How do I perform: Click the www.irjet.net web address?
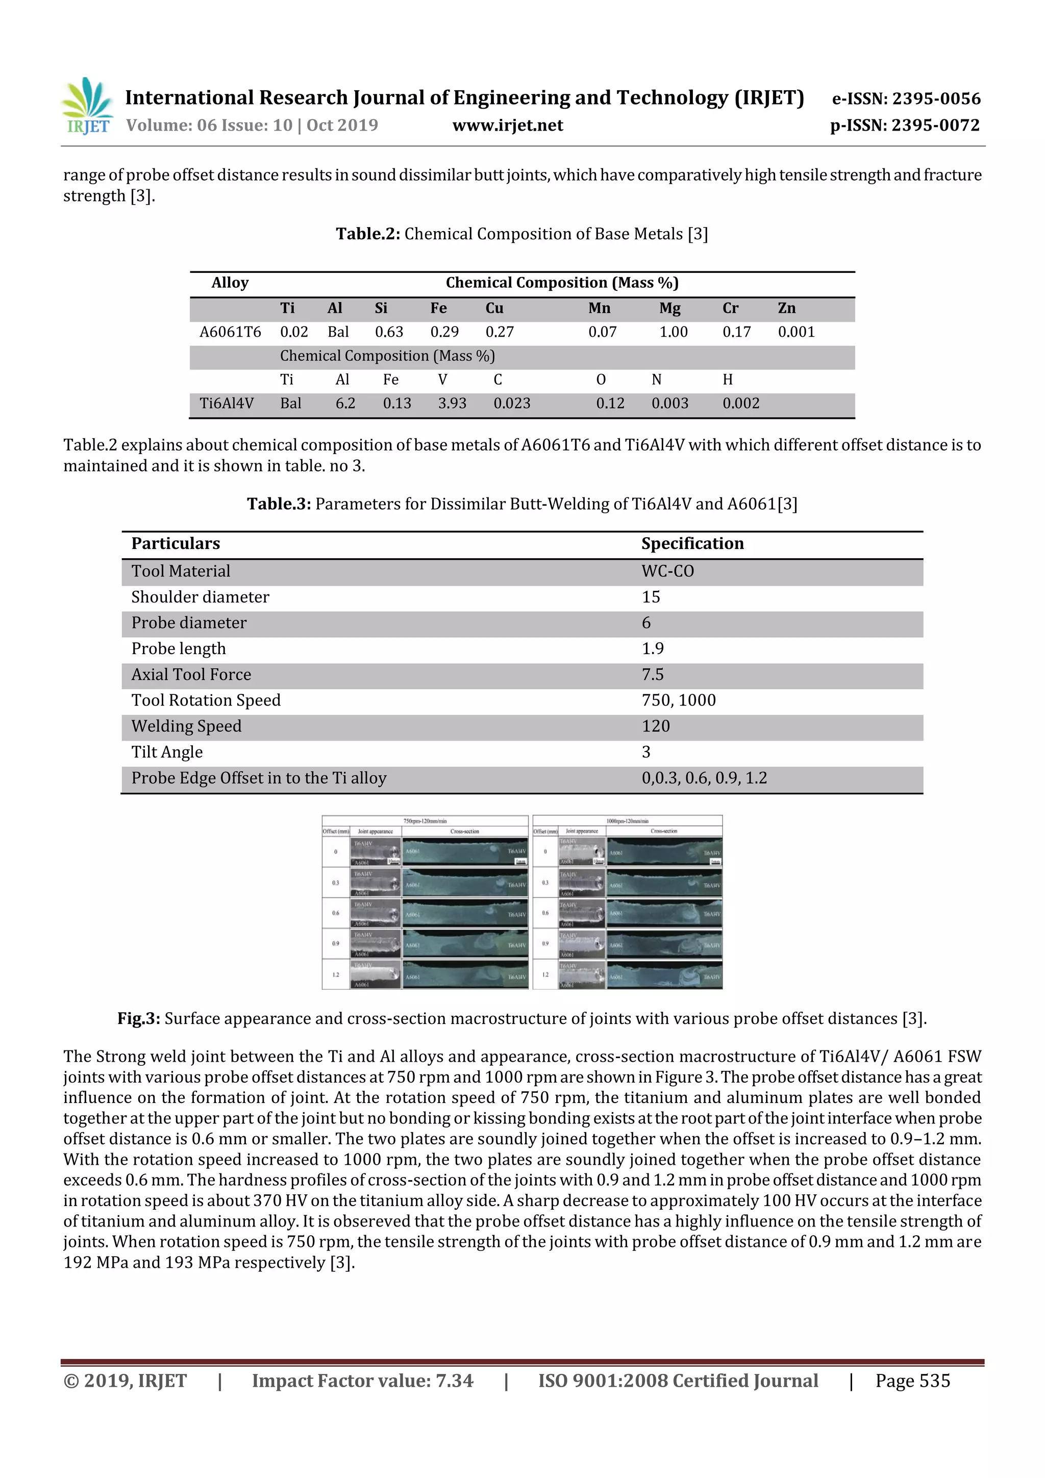507,126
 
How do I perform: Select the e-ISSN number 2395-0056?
906,98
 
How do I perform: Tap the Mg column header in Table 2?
669,308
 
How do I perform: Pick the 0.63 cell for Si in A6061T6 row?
389,332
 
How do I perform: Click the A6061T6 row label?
230,332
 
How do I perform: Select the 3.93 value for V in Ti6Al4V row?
452,404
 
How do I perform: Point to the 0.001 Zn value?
796,332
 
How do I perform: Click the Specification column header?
692,544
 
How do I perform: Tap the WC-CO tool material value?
668,571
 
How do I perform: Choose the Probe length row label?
179,649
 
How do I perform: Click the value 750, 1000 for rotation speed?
678,700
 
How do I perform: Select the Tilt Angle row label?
167,753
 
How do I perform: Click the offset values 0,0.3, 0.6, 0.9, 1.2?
704,778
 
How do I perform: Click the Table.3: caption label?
279,504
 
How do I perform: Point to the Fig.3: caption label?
138,1019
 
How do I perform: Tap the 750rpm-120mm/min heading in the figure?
425,821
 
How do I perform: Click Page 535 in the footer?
912,1381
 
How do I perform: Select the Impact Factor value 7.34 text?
362,1381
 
